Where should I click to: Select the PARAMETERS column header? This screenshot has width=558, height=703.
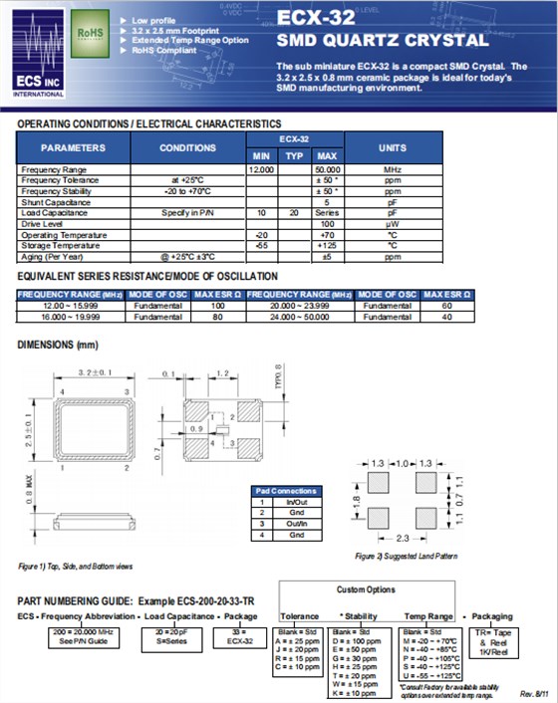tap(73, 147)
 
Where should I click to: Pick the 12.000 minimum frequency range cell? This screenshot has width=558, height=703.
tap(261, 169)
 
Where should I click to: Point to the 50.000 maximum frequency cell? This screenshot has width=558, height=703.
tap(326, 169)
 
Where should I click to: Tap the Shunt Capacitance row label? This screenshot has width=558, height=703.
tap(54, 201)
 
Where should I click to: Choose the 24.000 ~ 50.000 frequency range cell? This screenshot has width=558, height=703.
tap(299, 316)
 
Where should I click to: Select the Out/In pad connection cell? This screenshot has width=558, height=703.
tap(294, 524)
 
